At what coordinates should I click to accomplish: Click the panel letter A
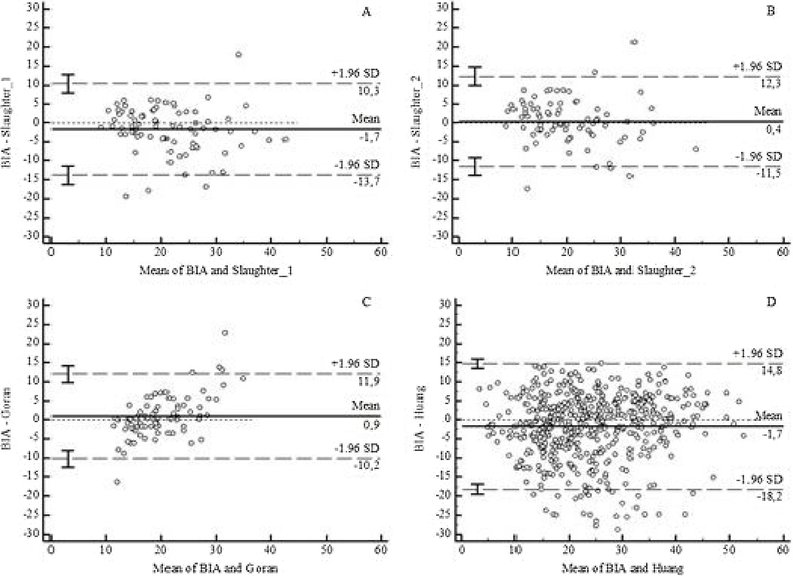point(366,12)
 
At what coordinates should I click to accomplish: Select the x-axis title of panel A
point(216,270)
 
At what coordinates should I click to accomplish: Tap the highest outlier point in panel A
point(239,55)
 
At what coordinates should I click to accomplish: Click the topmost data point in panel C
point(225,333)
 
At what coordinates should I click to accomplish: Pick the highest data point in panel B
point(635,42)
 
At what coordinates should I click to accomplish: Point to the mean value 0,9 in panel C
point(371,425)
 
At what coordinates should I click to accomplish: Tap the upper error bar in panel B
point(475,76)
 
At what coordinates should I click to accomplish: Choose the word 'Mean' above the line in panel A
point(365,119)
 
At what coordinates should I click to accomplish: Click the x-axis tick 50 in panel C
point(327,549)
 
